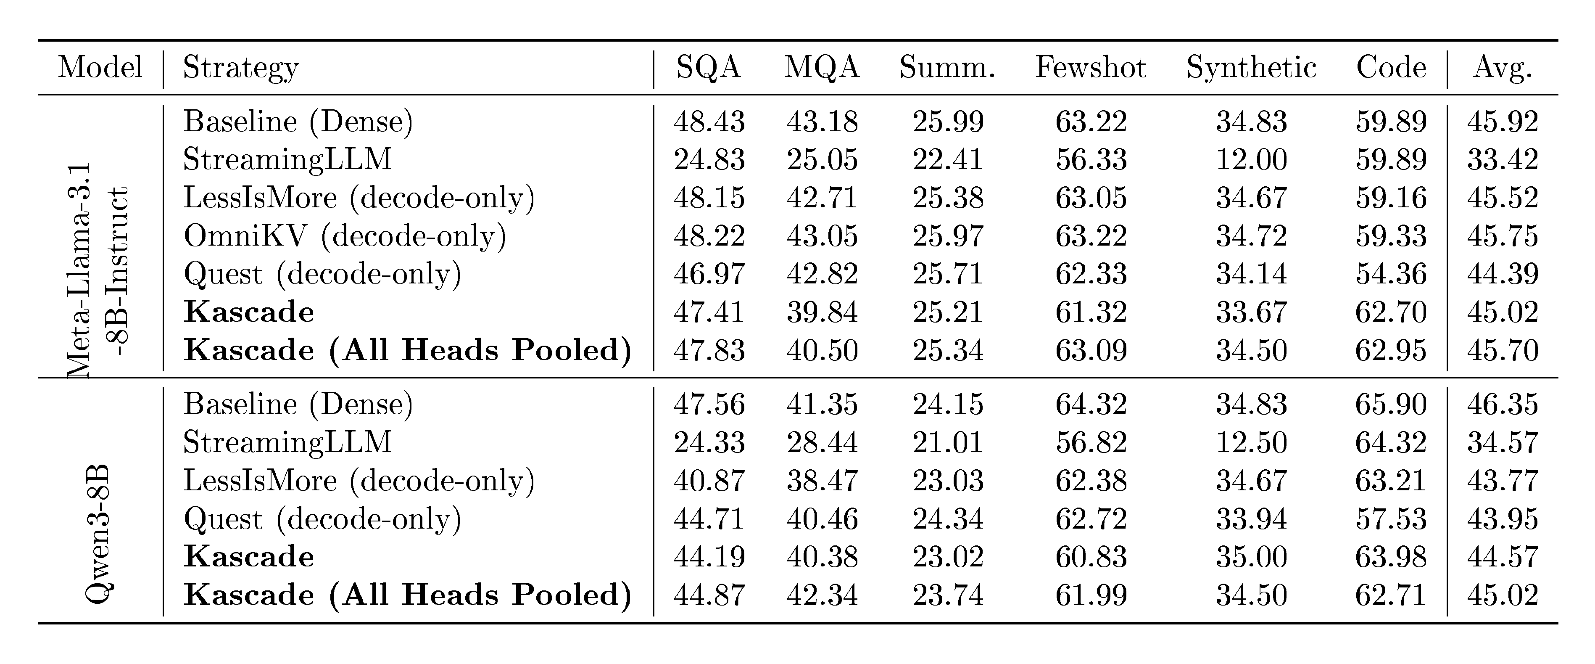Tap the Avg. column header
click(x=1502, y=68)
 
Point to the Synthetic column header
click(x=1251, y=68)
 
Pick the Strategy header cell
click(x=241, y=68)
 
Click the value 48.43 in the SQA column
click(x=709, y=122)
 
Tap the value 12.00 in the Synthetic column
click(x=1251, y=160)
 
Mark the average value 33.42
click(x=1502, y=160)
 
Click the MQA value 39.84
click(x=822, y=312)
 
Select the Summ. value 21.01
click(x=947, y=443)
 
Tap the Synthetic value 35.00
click(x=1251, y=557)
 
